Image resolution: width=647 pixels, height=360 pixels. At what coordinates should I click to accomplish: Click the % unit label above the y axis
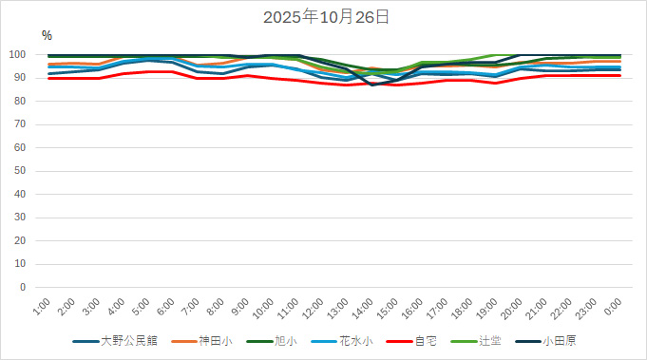click(x=47, y=35)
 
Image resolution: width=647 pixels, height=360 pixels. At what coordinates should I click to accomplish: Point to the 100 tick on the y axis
click(x=28, y=55)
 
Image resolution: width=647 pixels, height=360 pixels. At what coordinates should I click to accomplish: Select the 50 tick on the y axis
click(x=30, y=171)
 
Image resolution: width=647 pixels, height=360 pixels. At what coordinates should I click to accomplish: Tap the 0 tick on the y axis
click(x=33, y=287)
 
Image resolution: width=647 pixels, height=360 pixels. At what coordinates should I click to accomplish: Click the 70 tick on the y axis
click(x=30, y=124)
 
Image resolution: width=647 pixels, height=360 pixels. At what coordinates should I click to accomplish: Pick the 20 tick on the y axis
click(x=30, y=240)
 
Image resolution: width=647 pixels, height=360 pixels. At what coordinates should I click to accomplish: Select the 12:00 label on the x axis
click(x=313, y=309)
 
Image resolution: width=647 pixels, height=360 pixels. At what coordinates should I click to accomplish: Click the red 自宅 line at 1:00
click(x=49, y=78)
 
